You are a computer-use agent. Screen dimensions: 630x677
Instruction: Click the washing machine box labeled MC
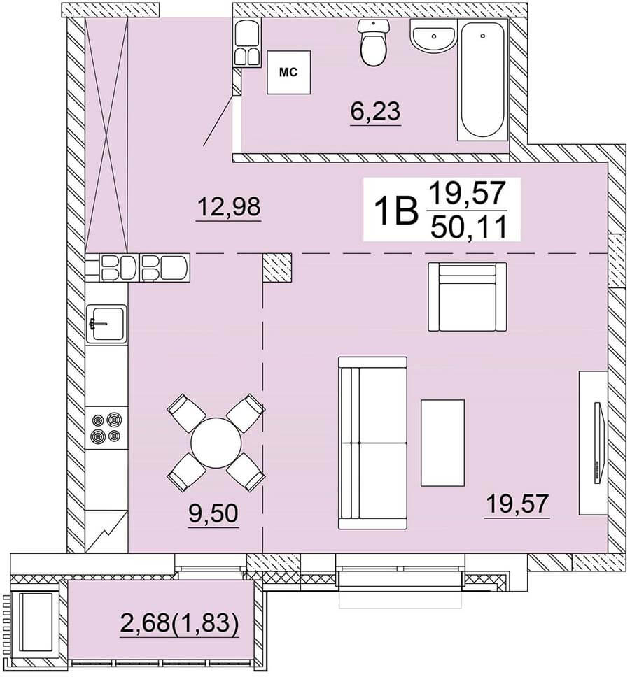pyautogui.click(x=288, y=72)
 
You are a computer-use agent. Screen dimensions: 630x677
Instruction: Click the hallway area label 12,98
pyautogui.click(x=229, y=207)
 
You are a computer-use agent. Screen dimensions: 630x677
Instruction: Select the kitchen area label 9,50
pyautogui.click(x=213, y=514)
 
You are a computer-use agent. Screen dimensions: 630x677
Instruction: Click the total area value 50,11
pyautogui.click(x=468, y=227)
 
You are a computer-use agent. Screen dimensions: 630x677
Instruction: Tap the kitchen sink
pyautogui.click(x=106, y=324)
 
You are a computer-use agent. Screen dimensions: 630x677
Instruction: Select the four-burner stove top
pyautogui.click(x=106, y=427)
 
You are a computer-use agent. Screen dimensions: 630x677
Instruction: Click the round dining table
pyautogui.click(x=216, y=442)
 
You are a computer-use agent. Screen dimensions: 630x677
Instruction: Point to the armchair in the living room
pyautogui.click(x=467, y=297)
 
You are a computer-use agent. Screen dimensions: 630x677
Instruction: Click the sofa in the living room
pyautogui.click(x=373, y=443)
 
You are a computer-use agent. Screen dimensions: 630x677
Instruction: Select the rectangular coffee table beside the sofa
pyautogui.click(x=443, y=443)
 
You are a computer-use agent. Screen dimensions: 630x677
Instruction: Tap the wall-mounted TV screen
pyautogui.click(x=598, y=443)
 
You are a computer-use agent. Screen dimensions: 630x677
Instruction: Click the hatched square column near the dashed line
pyautogui.click(x=277, y=268)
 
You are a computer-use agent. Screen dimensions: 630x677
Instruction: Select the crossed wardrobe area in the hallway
pyautogui.click(x=106, y=135)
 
